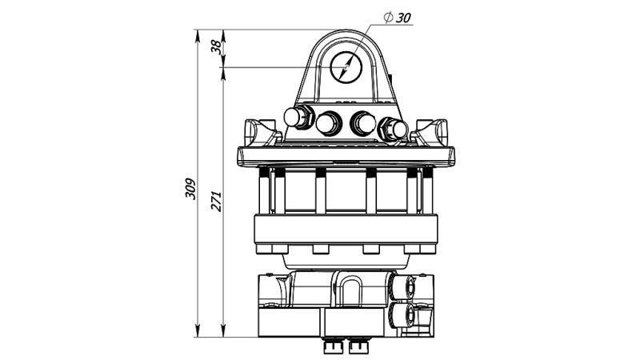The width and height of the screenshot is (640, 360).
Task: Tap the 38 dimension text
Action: (215, 47)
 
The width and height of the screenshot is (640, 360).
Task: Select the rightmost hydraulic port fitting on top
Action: (393, 128)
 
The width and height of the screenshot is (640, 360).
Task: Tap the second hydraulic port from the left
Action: (328, 124)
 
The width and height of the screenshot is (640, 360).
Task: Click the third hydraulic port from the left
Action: (362, 123)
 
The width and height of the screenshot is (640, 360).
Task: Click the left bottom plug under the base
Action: (330, 346)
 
